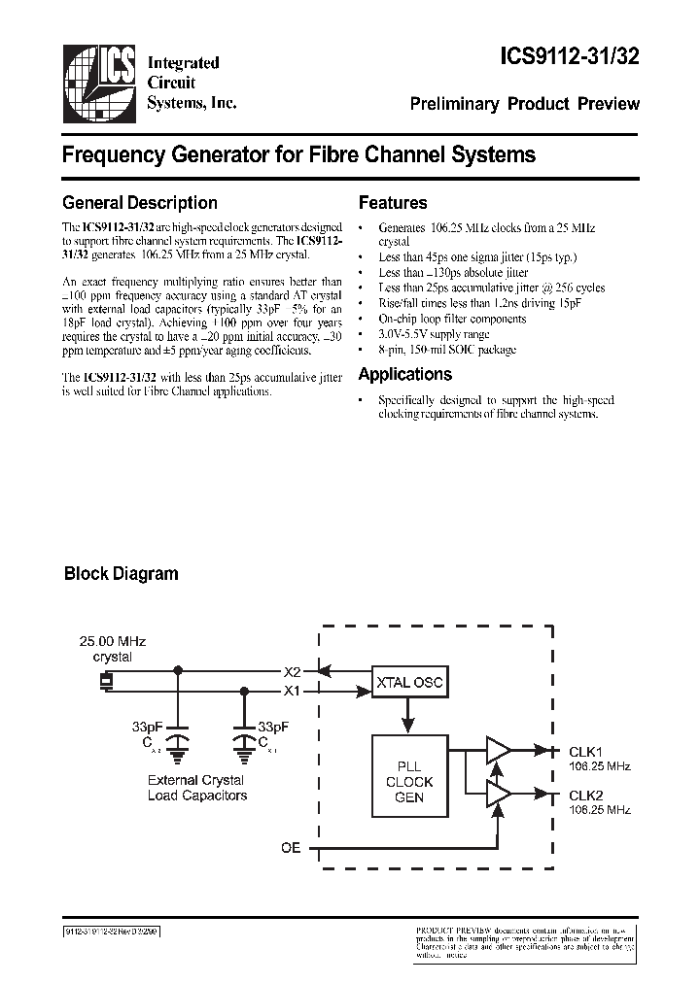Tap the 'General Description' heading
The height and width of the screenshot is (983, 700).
tap(139, 203)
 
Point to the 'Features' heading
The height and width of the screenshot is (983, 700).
tap(393, 203)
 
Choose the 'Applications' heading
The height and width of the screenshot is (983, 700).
tap(404, 374)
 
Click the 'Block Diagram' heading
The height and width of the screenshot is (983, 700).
tap(121, 573)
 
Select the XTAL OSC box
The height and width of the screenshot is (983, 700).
tap(408, 683)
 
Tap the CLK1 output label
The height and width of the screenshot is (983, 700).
tap(585, 751)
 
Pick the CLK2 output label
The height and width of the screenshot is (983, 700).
tap(585, 795)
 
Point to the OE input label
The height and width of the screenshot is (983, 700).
tap(291, 848)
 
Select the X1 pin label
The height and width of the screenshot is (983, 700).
tap(292, 692)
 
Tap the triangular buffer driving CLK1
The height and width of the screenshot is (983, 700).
tap(499, 750)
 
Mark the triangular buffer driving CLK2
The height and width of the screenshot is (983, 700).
tap(499, 794)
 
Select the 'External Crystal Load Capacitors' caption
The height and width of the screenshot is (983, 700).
tap(197, 788)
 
